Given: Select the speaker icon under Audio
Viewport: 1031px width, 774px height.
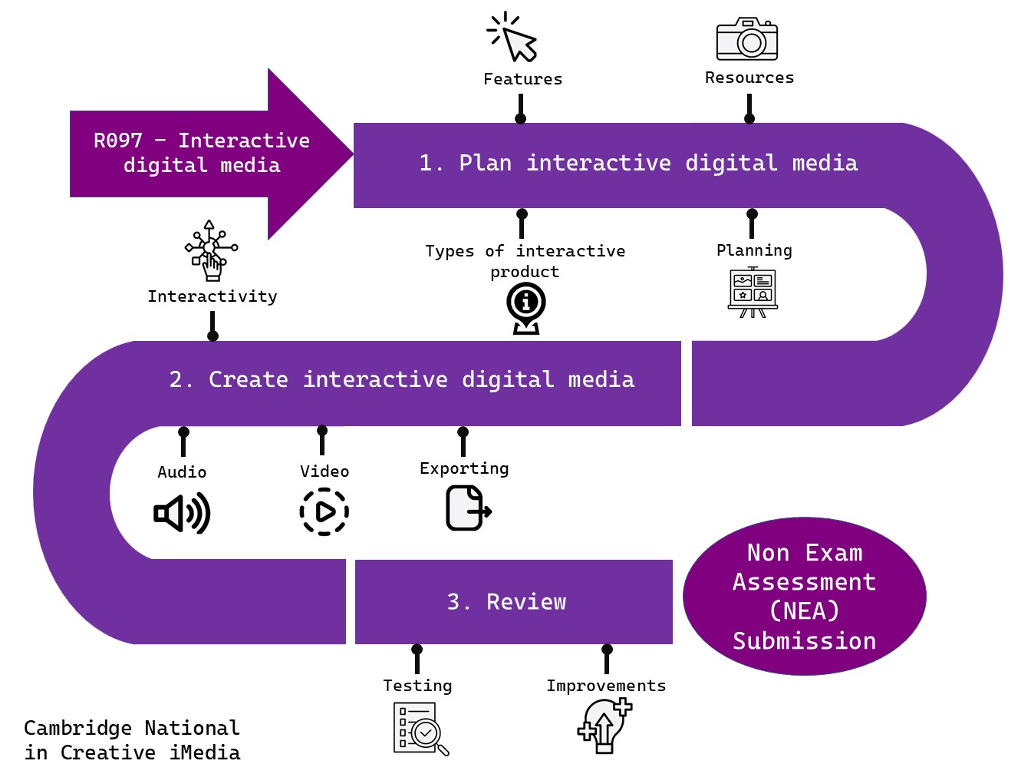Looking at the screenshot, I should pyautogui.click(x=182, y=514).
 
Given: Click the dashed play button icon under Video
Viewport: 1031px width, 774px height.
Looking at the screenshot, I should pyautogui.click(x=324, y=511).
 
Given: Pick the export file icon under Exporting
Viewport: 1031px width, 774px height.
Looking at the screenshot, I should pyautogui.click(x=467, y=508).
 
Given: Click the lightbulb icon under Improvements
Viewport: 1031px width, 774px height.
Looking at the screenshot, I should pyautogui.click(x=604, y=726).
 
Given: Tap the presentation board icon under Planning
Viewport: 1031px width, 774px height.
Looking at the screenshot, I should pyautogui.click(x=753, y=292).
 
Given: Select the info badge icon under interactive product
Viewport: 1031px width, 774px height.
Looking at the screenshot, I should pyautogui.click(x=526, y=308).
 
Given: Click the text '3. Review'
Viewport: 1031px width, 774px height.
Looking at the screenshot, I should pyautogui.click(x=506, y=602).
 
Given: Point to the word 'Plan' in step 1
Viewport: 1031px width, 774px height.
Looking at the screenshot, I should pyautogui.click(x=485, y=163).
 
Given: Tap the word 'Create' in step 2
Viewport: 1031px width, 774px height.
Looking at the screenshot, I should pyautogui.click(x=249, y=379).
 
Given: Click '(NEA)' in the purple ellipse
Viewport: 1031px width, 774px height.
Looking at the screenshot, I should pyautogui.click(x=804, y=611).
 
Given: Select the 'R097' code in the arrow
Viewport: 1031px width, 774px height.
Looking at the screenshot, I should pyautogui.click(x=118, y=141).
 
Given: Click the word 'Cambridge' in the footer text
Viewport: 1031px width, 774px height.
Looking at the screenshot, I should pyautogui.click(x=77, y=728).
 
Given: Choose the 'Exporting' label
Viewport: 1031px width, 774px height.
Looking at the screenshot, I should pyautogui.click(x=464, y=468).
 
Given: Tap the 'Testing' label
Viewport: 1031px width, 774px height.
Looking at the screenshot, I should pyautogui.click(x=417, y=686).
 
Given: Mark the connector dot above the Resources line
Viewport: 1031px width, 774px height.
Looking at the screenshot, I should pyautogui.click(x=749, y=118).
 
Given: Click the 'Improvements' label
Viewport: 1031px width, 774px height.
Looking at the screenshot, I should pyautogui.click(x=606, y=686).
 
